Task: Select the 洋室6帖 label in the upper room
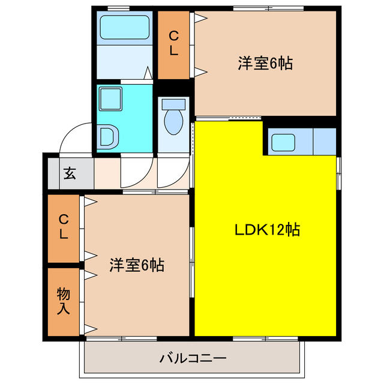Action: click(265, 63)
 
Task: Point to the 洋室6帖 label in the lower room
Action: click(137, 264)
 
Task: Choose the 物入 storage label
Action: click(64, 301)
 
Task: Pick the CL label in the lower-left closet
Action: click(64, 229)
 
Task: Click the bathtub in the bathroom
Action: click(124, 28)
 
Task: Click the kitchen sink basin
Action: click(282, 142)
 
